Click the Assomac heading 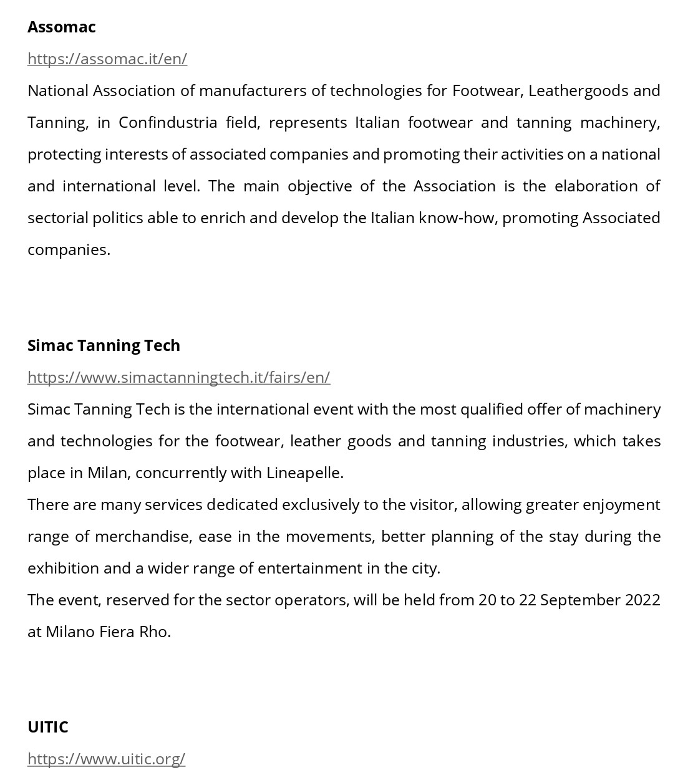click(61, 27)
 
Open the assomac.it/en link click(107, 59)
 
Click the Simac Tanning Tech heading click(104, 345)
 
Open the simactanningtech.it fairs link click(178, 377)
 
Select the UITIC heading click(47, 727)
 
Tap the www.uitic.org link click(106, 759)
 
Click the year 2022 click(642, 600)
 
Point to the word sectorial click(57, 218)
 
